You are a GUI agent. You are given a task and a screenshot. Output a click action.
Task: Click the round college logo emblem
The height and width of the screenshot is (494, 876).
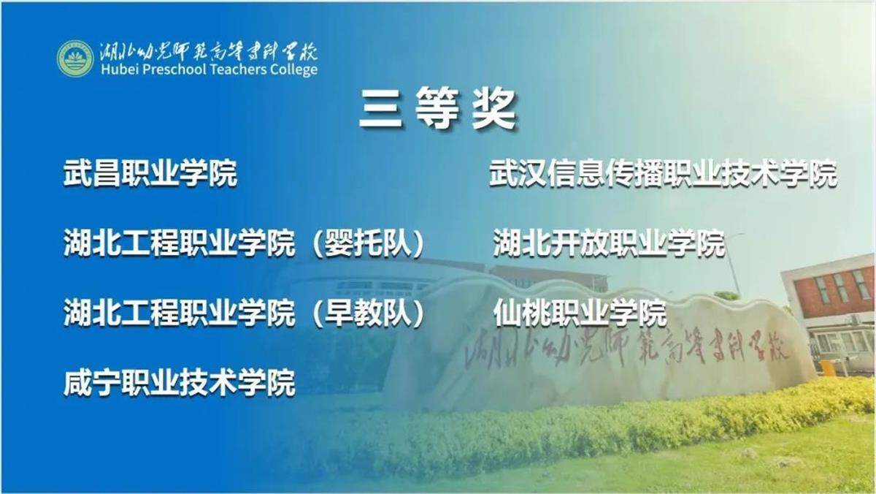pos(75,58)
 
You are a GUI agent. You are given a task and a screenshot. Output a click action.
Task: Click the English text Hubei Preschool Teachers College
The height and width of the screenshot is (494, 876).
pos(209,69)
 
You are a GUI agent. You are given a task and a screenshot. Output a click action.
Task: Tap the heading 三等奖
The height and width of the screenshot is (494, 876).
pos(438,108)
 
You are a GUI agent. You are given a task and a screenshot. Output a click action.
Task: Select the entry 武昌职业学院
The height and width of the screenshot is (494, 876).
pos(150,173)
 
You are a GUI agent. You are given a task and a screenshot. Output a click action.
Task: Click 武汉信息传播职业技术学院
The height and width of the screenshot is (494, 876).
pos(664,173)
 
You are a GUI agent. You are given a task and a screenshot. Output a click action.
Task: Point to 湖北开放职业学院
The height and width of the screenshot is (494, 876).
pos(609,243)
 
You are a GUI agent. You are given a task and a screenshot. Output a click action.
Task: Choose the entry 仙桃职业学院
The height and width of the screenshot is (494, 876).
pos(580,313)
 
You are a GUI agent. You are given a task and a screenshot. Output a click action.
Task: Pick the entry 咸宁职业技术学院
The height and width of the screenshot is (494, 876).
pos(179,382)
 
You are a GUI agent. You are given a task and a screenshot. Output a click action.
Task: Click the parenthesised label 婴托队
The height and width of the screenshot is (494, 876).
pos(368,243)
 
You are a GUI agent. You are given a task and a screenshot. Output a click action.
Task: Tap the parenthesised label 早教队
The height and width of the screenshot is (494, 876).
pos(368,313)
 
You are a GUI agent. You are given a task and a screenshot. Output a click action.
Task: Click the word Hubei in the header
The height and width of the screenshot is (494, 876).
pos(119,69)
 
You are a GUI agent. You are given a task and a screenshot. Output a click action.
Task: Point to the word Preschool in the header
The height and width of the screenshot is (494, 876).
pos(174,69)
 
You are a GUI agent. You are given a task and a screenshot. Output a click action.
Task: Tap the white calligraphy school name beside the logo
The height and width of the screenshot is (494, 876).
pos(208,51)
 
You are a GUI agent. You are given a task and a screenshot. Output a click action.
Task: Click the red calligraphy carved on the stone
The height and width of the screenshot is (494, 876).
pos(626,349)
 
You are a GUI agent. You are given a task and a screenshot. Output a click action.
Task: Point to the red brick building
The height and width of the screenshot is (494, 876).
pos(829,289)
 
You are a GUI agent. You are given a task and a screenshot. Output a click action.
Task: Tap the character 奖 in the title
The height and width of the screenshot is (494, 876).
pos(495,108)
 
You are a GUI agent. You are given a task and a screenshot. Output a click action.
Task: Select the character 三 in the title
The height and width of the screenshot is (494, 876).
pos(381,109)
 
